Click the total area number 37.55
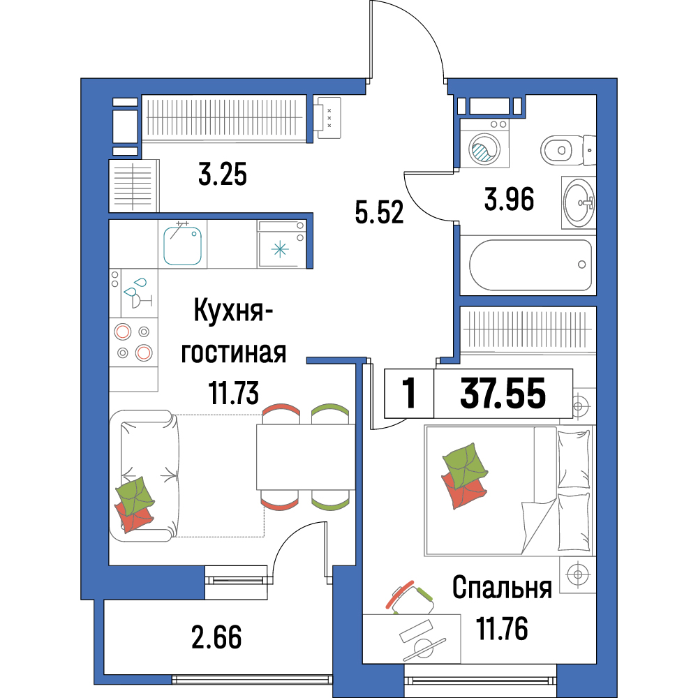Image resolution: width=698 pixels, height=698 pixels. click(503, 393)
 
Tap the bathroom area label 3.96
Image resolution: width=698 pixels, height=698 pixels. click(509, 199)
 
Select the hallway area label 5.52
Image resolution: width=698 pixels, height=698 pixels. click(379, 212)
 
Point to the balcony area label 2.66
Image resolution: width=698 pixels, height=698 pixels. click(216, 637)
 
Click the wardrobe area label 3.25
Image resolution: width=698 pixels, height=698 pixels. click(222, 174)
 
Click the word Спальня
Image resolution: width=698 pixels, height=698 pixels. click(502, 588)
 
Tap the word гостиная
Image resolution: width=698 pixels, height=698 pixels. click(233, 353)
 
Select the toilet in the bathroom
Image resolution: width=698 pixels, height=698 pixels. click(568, 150)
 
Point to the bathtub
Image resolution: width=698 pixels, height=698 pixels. click(530, 265)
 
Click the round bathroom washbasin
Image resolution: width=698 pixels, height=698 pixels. click(578, 202)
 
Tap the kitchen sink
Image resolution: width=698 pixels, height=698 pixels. click(182, 245)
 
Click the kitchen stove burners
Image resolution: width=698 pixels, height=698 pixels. click(133, 342)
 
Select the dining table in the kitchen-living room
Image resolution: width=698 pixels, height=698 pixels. click(306, 457)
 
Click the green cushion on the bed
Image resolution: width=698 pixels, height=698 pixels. click(465, 461)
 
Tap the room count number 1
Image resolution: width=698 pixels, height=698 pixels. click(408, 393)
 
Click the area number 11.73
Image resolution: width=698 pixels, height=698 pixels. click(234, 393)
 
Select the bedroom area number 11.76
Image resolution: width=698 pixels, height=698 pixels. click(502, 628)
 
